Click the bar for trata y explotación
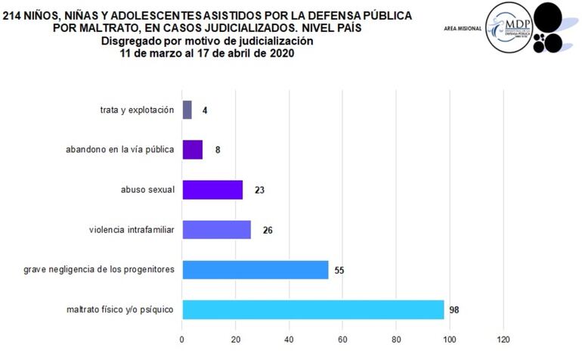coord(187,110)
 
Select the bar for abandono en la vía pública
coord(192,150)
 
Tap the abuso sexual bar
coord(212,190)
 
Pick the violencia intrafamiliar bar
coord(216,230)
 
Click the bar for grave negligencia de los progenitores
coord(255,270)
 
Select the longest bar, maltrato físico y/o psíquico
coord(313,310)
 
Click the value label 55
coord(340,270)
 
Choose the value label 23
coord(260,190)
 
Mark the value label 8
coord(218,150)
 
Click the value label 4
coord(205,110)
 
